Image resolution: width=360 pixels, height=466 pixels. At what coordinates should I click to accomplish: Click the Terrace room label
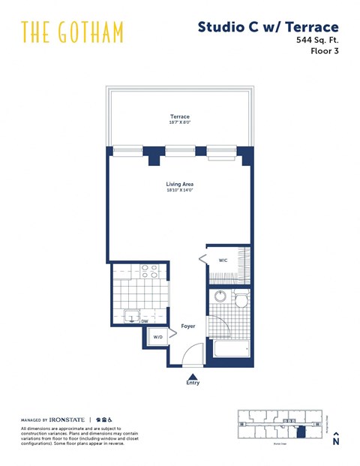[179, 116]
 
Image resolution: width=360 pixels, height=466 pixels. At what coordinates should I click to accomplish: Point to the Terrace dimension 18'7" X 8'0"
[179, 123]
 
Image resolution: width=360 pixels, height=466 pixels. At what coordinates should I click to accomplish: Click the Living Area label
[180, 184]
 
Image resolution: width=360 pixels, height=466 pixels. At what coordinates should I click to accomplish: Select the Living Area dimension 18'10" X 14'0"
[180, 191]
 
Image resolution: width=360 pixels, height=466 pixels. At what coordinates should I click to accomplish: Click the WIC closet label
[223, 260]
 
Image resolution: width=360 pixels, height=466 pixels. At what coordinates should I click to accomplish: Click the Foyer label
[187, 326]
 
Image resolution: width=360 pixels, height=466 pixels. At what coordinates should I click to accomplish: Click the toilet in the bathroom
[240, 300]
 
